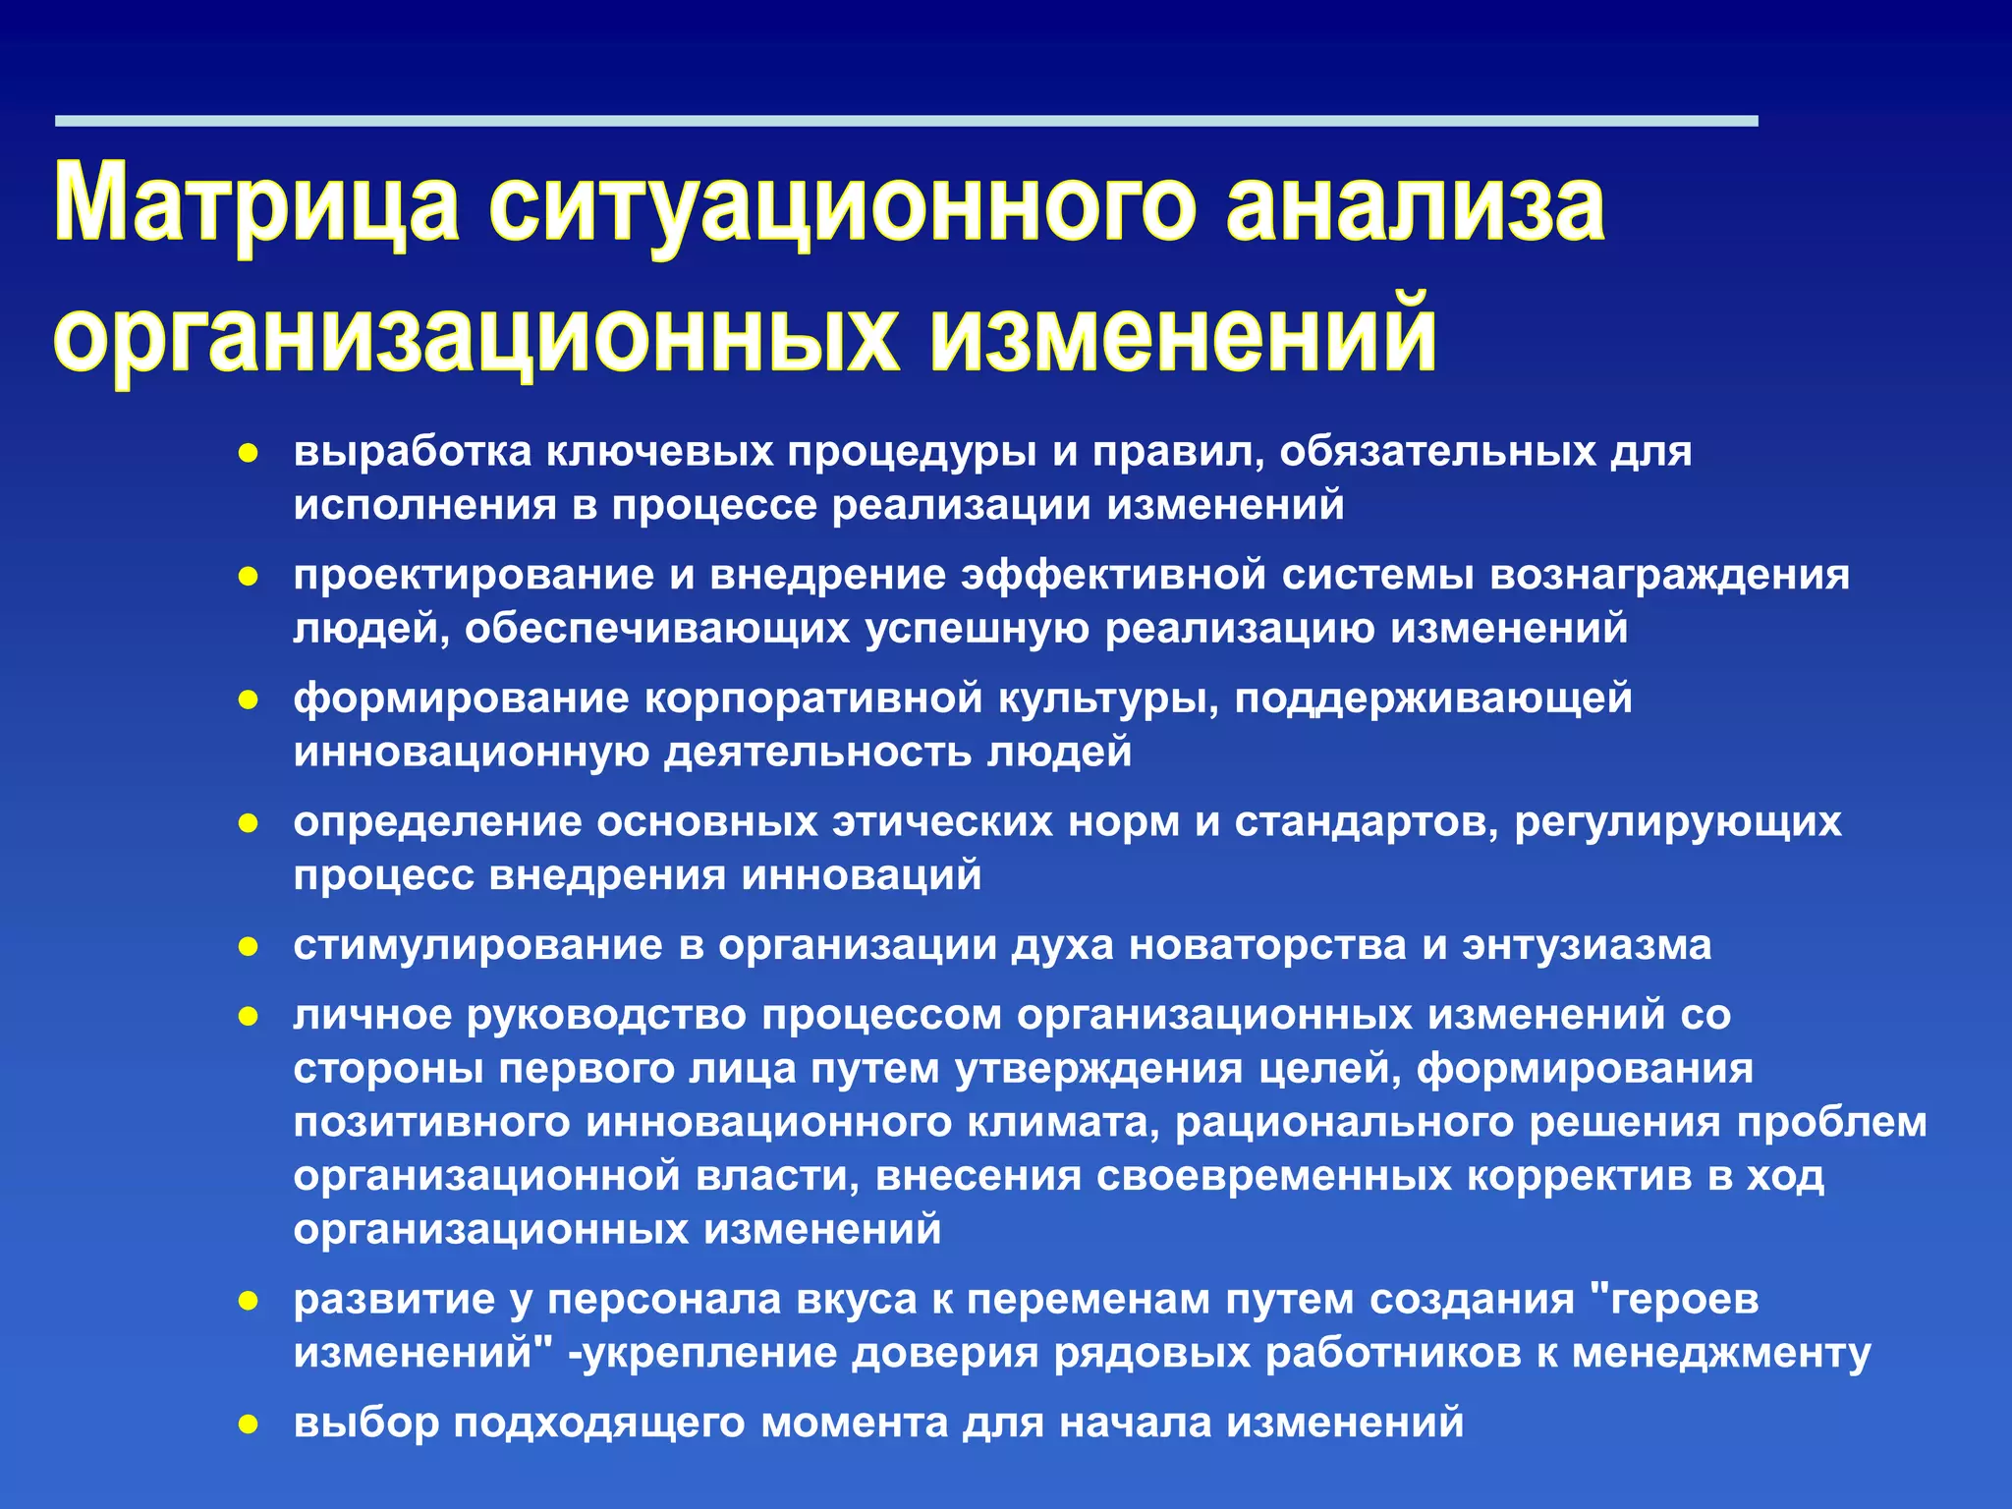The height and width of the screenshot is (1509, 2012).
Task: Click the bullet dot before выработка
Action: click(x=249, y=454)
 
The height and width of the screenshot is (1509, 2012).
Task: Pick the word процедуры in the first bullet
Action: click(x=912, y=452)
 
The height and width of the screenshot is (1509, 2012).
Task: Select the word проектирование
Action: click(x=474, y=575)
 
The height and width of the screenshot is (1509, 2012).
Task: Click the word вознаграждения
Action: click(x=1669, y=575)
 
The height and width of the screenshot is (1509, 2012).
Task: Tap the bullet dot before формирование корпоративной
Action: click(x=249, y=700)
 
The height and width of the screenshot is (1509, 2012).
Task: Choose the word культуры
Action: click(x=1108, y=699)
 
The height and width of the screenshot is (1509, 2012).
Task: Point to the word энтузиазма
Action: click(x=1587, y=945)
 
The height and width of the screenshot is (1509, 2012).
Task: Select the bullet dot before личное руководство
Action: click(x=249, y=1017)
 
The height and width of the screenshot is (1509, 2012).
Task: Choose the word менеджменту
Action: click(x=1721, y=1354)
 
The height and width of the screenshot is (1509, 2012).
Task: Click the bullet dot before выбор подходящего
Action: click(x=249, y=1425)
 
